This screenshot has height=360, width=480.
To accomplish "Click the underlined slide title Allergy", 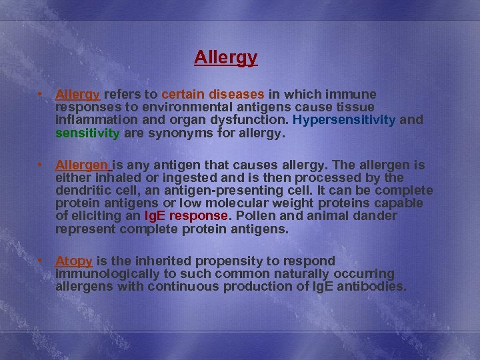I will (x=225, y=58).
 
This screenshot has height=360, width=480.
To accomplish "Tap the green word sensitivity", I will (x=87, y=133).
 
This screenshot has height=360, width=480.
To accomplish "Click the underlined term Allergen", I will (x=82, y=165).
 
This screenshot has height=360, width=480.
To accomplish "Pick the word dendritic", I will (x=88, y=191).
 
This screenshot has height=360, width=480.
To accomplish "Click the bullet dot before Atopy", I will (x=41, y=261).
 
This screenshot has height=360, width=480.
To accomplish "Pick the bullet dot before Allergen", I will (x=41, y=165).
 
